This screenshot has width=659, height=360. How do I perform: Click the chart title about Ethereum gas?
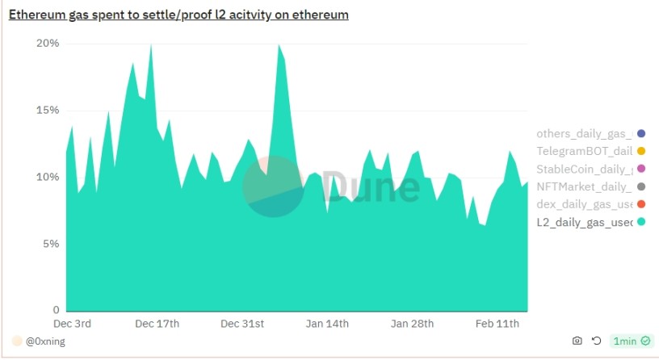point(178,15)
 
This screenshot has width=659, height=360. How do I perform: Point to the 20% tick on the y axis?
point(48,43)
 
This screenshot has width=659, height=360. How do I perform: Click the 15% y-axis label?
point(48,110)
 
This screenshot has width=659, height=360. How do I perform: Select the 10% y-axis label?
point(48,177)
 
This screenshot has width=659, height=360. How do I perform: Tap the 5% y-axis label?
point(51,244)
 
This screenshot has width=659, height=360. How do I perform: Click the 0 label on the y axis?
point(56,310)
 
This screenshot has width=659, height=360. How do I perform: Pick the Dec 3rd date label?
point(72,324)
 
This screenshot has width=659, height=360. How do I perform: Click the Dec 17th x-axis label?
point(157,324)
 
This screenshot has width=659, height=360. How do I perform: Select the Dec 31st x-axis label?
point(242,324)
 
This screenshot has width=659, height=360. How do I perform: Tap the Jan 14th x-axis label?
point(327,324)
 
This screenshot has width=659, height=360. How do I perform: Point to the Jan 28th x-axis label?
point(413,324)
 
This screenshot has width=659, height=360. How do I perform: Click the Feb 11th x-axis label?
point(497,324)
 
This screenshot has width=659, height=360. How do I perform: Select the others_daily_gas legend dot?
point(641,133)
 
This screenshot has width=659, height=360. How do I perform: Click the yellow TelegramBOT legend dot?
point(641,151)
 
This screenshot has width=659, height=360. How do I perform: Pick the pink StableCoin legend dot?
point(641,169)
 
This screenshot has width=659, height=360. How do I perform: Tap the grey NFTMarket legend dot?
point(641,186)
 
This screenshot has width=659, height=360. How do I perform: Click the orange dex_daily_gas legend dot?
point(641,204)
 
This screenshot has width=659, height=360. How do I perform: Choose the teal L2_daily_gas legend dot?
point(641,222)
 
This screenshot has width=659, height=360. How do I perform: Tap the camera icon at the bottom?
point(577,341)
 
